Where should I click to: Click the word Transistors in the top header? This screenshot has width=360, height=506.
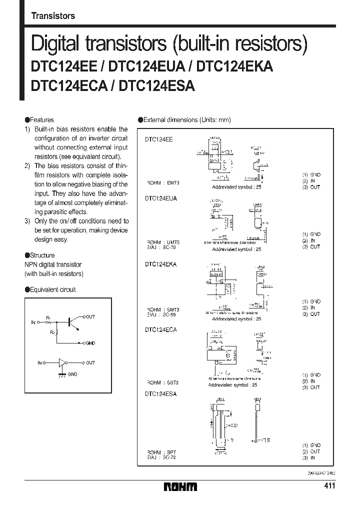(53, 15)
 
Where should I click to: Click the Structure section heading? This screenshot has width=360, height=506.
(41, 255)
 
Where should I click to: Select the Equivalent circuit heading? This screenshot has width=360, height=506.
(50, 289)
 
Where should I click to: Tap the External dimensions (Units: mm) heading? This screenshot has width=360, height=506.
(184, 120)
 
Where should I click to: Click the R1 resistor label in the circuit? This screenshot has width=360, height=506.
(48, 317)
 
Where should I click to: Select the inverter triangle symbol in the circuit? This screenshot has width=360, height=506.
(62, 363)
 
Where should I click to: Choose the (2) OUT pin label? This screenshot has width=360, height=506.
(311, 451)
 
